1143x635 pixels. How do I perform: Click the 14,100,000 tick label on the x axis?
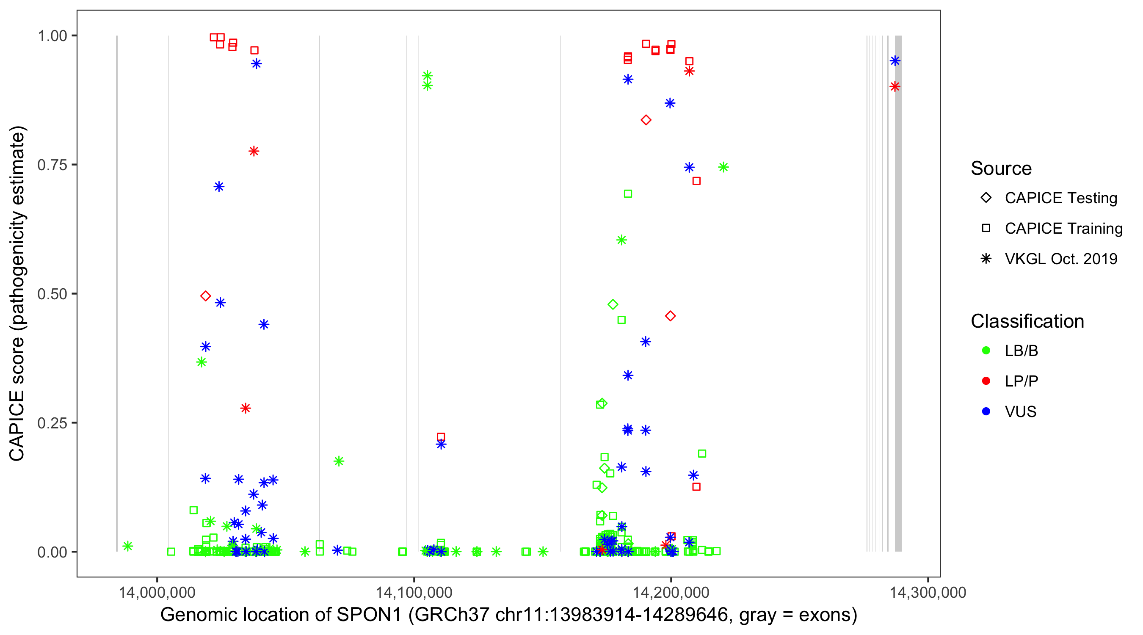coord(414,592)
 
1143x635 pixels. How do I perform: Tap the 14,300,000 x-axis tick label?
coord(928,592)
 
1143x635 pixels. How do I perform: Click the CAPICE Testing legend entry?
coord(1060,198)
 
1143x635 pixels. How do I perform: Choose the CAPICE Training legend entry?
coord(1063,229)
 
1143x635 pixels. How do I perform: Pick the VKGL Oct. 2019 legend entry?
coord(1060,259)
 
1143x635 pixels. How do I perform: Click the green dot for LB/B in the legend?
coord(986,351)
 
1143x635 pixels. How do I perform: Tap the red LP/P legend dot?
coord(986,381)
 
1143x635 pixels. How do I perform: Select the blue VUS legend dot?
coord(986,411)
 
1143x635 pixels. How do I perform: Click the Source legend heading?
coord(1001,168)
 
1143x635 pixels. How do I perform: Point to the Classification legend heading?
coord(1027,321)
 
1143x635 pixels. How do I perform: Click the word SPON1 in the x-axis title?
coord(369,615)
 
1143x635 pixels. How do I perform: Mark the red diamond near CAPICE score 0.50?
coord(205,296)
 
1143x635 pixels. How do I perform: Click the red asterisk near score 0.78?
coord(254,151)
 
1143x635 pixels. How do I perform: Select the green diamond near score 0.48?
coord(613,304)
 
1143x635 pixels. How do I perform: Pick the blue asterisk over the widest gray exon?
coord(895,61)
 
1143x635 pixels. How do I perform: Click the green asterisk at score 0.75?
coord(723,167)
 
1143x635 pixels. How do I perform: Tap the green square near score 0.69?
coord(628,194)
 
